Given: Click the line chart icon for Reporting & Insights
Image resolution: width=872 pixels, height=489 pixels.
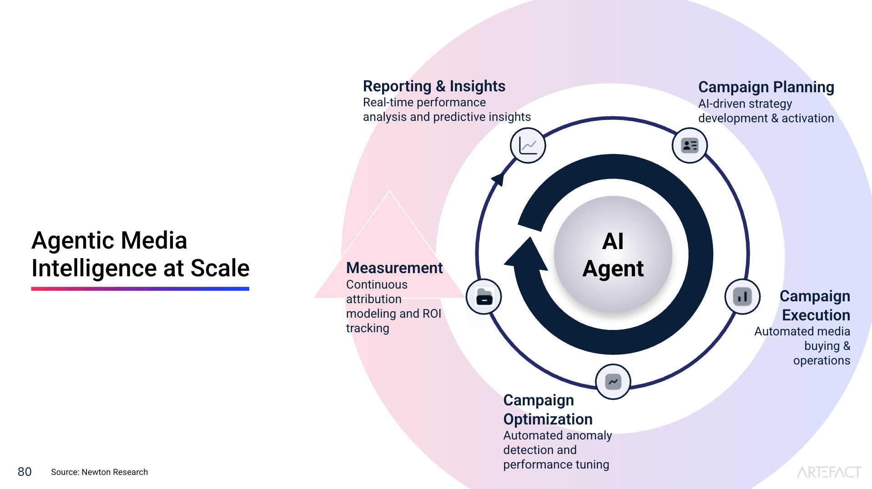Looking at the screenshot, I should point(528,146).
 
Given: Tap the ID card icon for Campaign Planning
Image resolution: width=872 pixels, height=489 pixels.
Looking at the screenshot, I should point(689,145).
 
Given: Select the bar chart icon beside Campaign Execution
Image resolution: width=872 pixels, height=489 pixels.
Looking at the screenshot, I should point(742,297).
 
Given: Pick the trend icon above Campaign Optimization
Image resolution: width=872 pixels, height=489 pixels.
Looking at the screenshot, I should point(613,382).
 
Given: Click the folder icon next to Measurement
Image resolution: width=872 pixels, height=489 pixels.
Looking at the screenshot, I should point(484,297).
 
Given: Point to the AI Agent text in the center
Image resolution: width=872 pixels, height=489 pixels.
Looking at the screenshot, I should point(613,254).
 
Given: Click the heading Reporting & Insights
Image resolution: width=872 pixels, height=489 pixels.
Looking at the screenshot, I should point(434,86).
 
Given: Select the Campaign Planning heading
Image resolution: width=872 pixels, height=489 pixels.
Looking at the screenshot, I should point(766,87).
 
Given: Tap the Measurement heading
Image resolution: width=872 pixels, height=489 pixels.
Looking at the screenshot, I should point(394,268).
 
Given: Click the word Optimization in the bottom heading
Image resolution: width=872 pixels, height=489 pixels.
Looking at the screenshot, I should point(548,419).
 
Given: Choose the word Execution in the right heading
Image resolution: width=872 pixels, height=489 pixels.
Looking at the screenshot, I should point(816,315).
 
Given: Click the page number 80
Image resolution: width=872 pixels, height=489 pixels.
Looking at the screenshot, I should point(25,472).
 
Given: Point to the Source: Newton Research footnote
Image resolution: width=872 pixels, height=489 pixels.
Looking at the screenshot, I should point(99,472).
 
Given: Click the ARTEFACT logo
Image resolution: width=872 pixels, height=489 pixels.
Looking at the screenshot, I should point(828,472).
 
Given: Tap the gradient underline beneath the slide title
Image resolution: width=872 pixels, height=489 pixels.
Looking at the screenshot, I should point(140,289).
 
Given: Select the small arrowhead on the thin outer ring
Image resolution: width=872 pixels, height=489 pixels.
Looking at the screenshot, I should point(499,178).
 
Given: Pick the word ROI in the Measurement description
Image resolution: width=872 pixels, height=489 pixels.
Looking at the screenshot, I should point(432,314).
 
